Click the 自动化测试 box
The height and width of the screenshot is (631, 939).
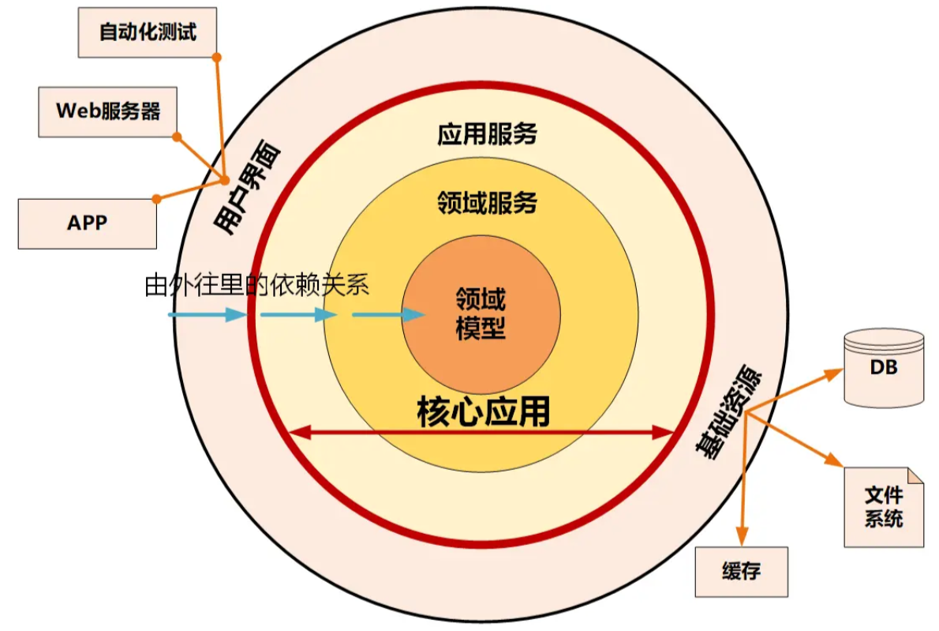click(148, 32)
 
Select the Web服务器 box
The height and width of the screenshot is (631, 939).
click(108, 112)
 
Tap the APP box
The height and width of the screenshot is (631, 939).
click(88, 223)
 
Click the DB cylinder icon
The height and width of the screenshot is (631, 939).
click(884, 368)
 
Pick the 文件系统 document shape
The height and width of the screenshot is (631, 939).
click(884, 507)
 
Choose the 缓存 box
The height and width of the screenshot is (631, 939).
click(742, 572)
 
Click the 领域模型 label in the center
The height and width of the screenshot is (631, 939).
click(481, 314)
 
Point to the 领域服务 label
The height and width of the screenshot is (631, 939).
click(487, 202)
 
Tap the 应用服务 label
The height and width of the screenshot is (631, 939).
click(487, 133)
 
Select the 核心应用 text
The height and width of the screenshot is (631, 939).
click(483, 411)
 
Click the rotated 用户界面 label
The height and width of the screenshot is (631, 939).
click(247, 187)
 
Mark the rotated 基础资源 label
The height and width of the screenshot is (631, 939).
click(728, 411)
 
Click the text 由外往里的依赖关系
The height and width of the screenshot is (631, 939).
click(257, 284)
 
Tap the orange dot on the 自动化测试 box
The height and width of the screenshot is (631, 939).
click(217, 58)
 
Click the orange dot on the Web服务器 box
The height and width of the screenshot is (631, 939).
click(177, 137)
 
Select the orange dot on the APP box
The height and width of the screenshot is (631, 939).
click(156, 199)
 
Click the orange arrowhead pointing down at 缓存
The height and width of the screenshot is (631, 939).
click(742, 536)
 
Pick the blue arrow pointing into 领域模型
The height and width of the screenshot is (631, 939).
click(389, 314)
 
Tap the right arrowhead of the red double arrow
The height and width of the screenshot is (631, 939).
click(664, 432)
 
